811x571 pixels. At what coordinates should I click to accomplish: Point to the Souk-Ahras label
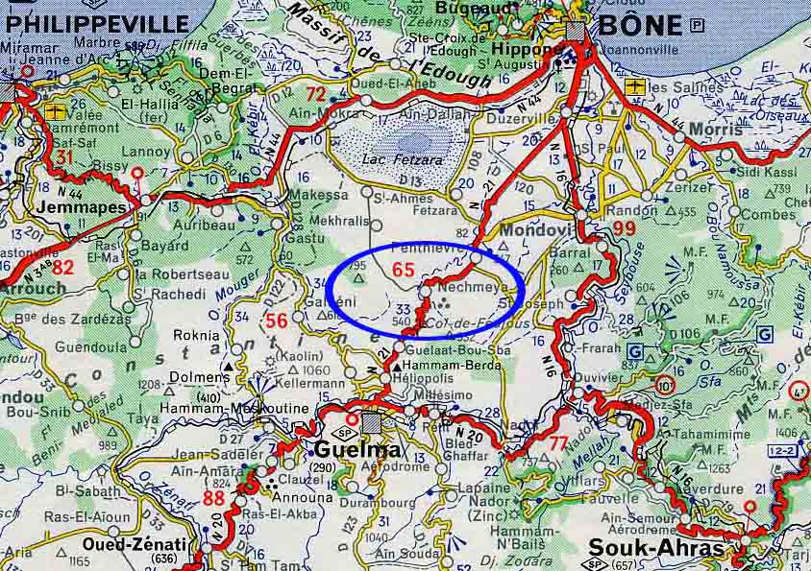pyautogui.click(x=654, y=547)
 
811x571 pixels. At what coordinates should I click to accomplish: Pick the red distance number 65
pyautogui.click(x=404, y=271)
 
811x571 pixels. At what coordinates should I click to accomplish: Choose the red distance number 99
pyautogui.click(x=625, y=227)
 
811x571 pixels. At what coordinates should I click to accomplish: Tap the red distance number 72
pyautogui.click(x=316, y=94)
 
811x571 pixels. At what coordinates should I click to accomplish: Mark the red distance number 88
pyautogui.click(x=214, y=498)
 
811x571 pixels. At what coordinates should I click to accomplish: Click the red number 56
pyautogui.click(x=277, y=321)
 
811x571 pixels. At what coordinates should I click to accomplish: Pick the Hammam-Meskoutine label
pyautogui.click(x=248, y=408)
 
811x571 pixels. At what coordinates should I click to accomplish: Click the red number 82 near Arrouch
pyautogui.click(x=63, y=267)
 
